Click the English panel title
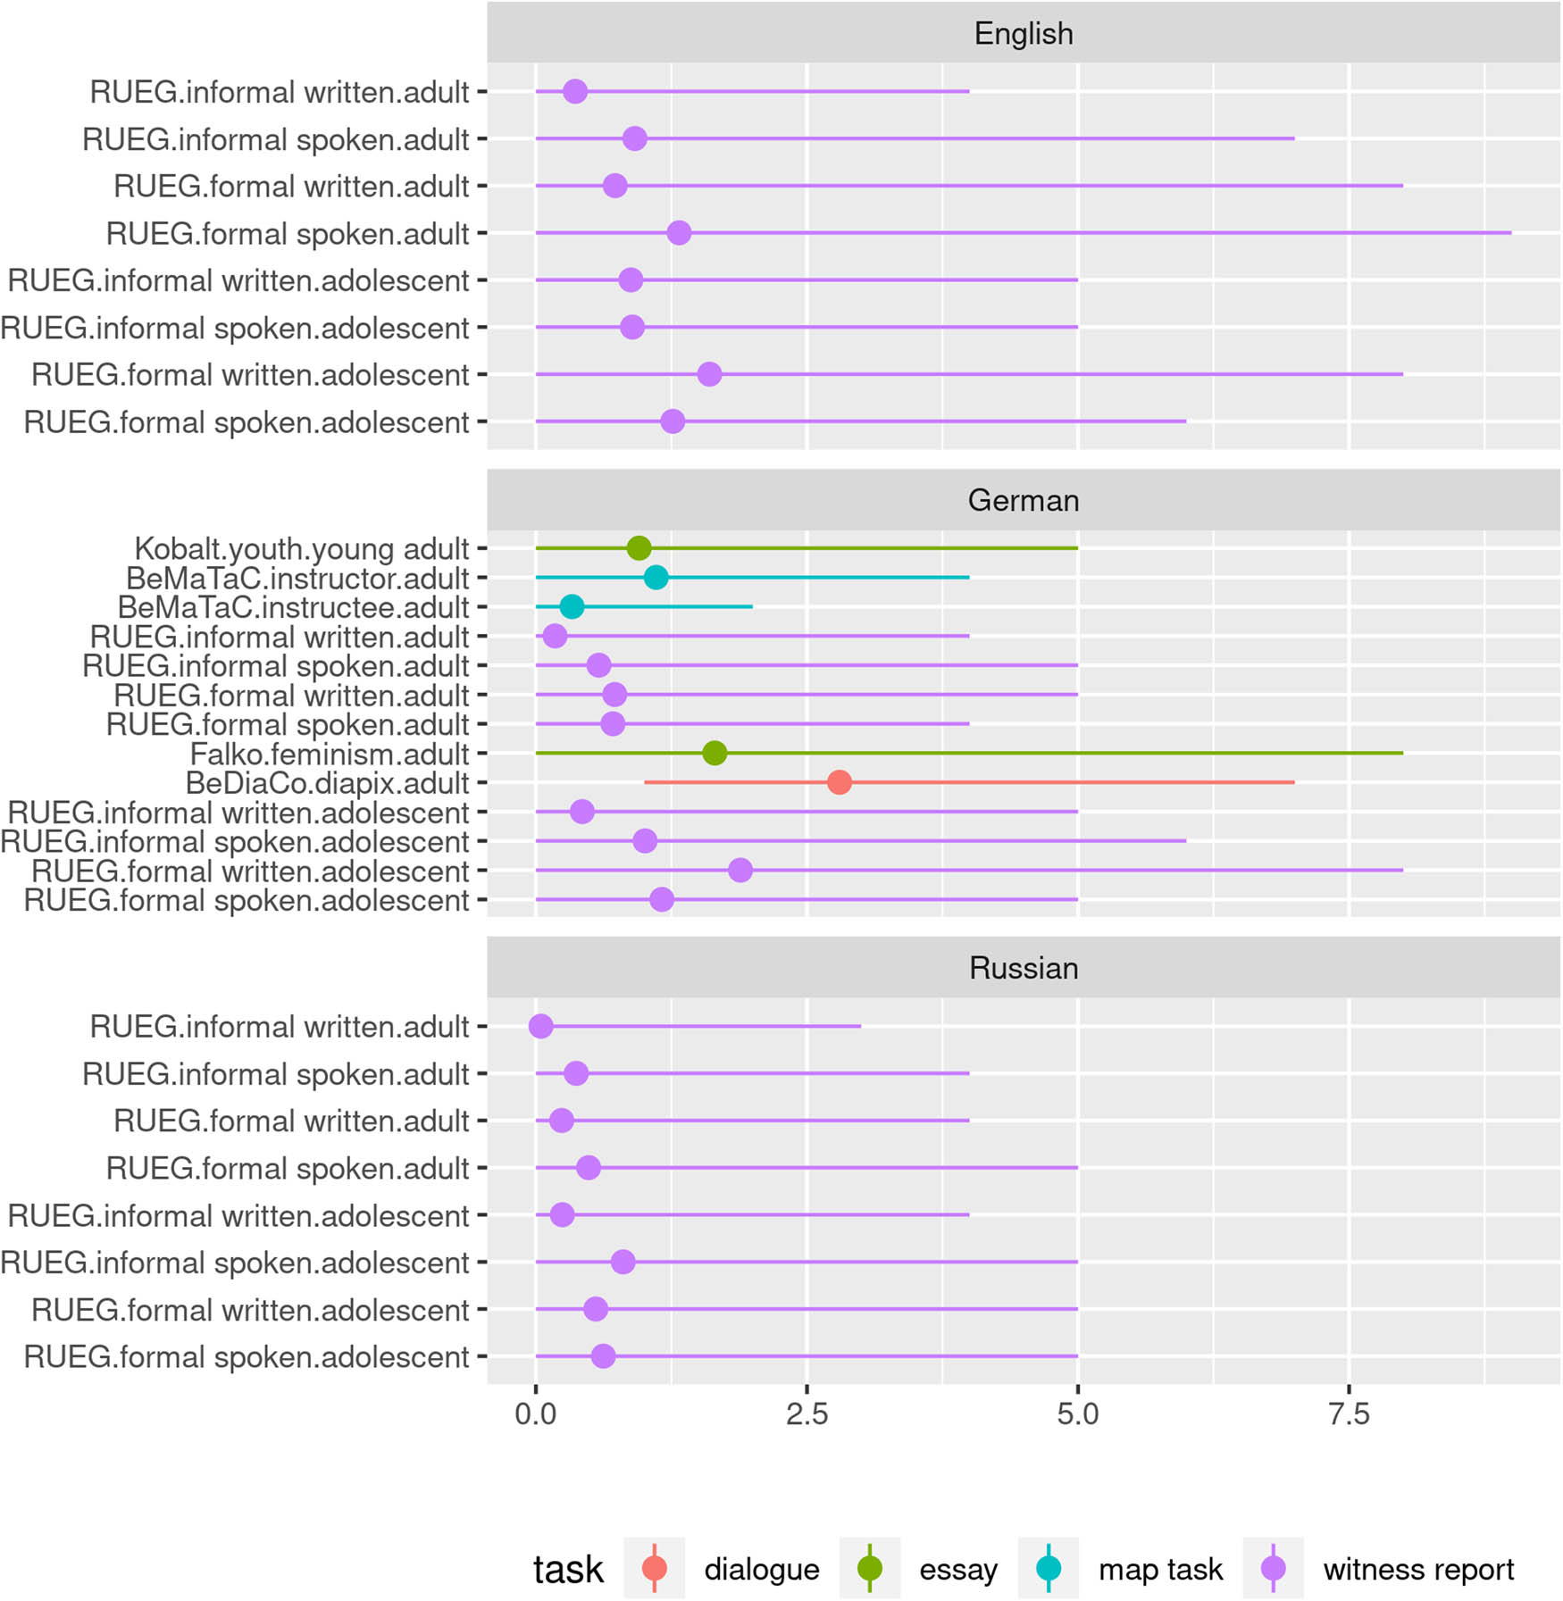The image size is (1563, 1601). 1023,34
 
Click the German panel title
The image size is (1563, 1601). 1023,501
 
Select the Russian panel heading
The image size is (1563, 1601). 1023,968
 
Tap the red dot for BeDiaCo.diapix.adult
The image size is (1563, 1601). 839,783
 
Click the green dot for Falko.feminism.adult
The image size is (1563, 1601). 715,754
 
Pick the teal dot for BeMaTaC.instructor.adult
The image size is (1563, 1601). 656,578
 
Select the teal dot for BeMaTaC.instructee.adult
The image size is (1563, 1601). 572,607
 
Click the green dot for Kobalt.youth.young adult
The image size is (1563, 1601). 639,548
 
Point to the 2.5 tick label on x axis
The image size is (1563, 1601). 807,1414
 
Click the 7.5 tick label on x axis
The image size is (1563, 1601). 1349,1414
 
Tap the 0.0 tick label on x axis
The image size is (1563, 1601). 535,1414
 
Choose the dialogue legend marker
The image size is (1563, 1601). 655,1569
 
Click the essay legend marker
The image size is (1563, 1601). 870,1569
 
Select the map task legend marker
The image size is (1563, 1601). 1049,1569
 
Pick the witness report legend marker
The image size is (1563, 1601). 1273,1569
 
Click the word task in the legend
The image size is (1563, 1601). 568,1570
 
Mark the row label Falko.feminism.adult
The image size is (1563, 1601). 330,755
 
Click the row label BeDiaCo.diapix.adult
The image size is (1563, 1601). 327,784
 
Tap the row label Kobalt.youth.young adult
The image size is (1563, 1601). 301,549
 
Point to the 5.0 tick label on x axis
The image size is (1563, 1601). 1078,1414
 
